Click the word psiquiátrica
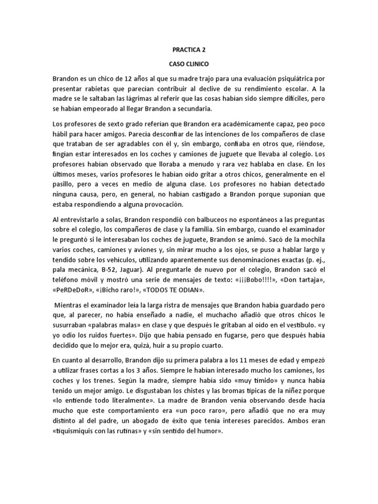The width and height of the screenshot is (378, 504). (290, 79)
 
